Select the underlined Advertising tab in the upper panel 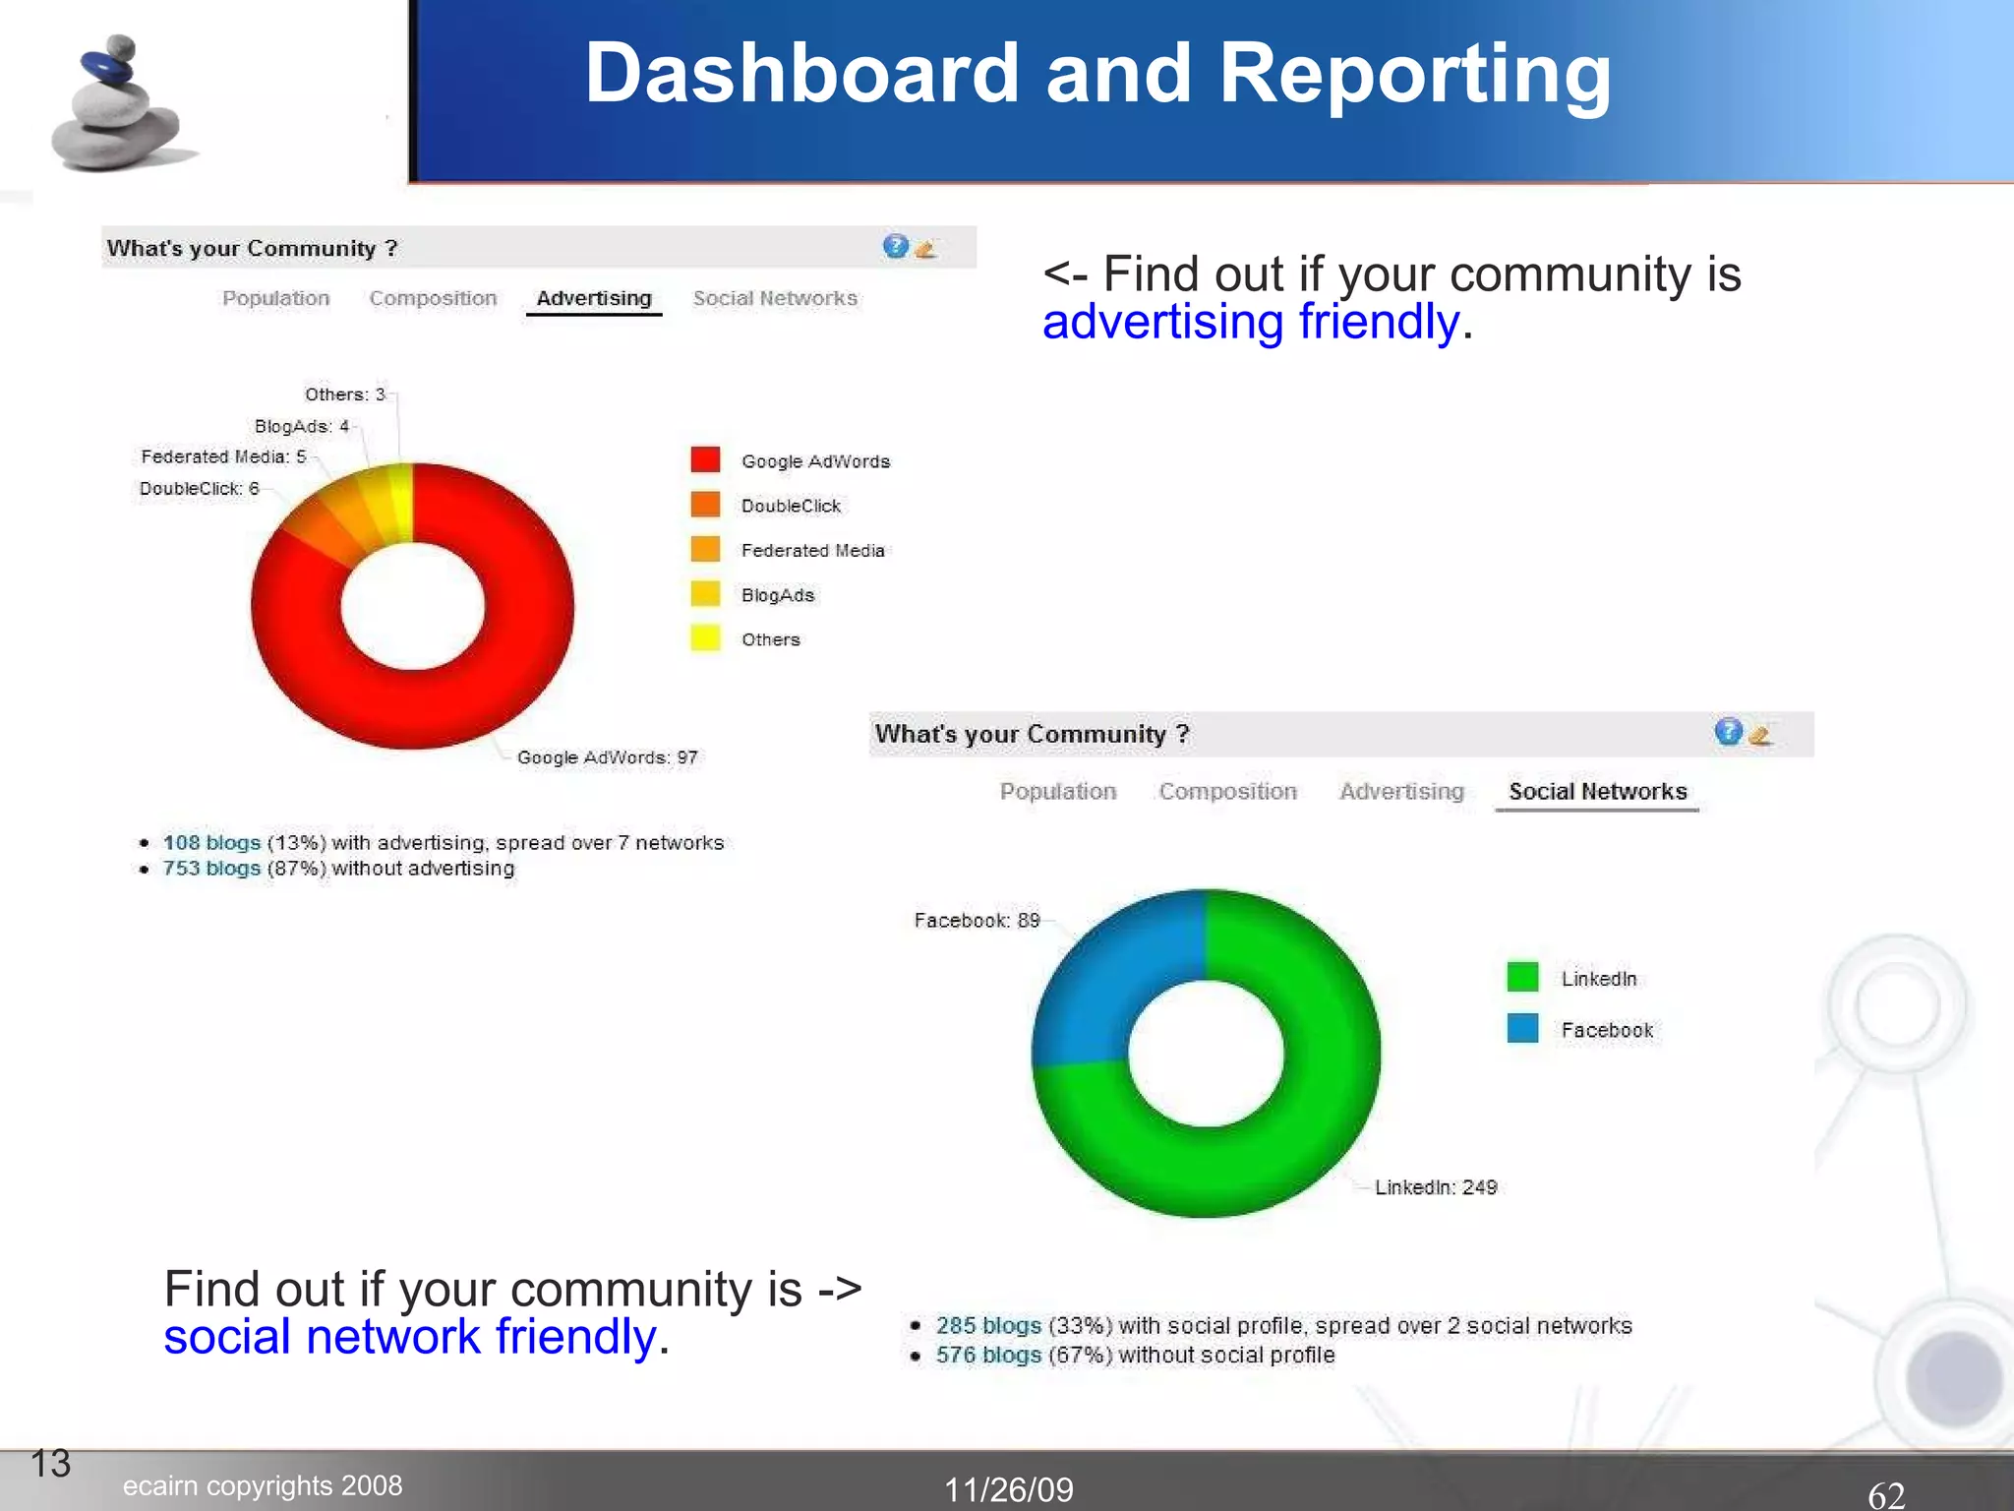click(594, 298)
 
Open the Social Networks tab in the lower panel click(1597, 792)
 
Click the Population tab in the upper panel click(275, 298)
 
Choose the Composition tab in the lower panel click(1227, 792)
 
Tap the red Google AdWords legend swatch click(705, 460)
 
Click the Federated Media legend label click(812, 551)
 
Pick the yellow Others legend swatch click(705, 638)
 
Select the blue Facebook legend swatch click(1522, 1029)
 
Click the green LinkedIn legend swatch click(1522, 977)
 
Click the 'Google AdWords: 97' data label click(607, 757)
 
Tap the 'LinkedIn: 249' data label click(1435, 1187)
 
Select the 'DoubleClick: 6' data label click(199, 489)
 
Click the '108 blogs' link click(211, 843)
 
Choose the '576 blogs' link click(987, 1356)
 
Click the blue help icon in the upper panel click(895, 246)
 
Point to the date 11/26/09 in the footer click(1008, 1490)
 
